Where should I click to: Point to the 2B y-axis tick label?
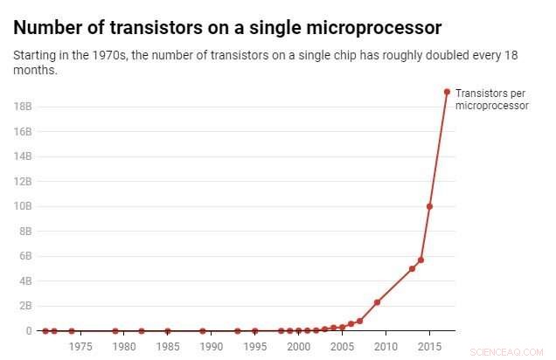[24, 306]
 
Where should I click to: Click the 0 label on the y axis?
[29, 331]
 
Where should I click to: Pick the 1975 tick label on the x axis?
[80, 347]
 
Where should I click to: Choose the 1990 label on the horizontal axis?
[211, 347]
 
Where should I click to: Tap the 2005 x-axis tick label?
[342, 347]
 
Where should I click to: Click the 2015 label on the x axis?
[429, 347]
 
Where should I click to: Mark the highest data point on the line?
[447, 92]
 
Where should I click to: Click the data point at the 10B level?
[429, 206]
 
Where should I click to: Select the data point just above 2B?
[377, 302]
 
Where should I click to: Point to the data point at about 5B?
[412, 268]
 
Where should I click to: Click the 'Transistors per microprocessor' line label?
[491, 99]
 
